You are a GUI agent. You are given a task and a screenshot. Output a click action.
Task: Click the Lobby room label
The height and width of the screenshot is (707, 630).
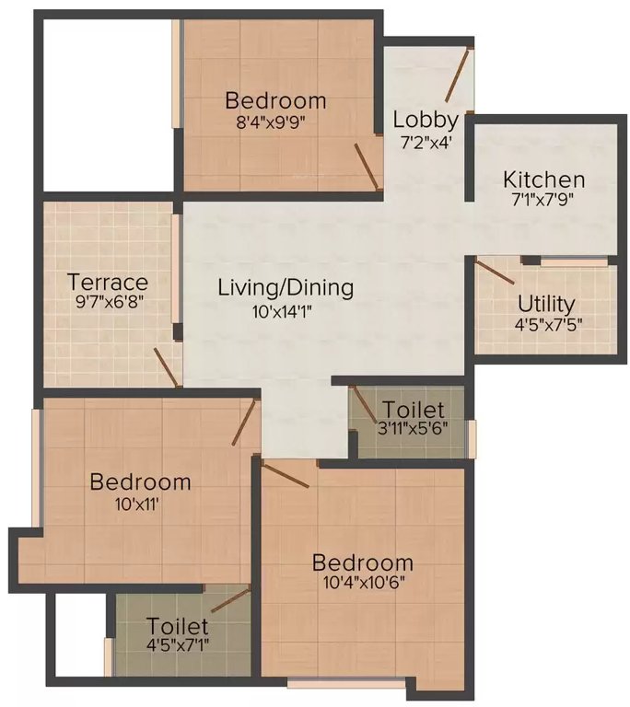click(426, 120)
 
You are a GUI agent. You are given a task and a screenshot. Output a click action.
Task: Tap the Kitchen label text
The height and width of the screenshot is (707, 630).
click(543, 179)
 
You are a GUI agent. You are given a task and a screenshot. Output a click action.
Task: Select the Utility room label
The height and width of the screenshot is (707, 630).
click(546, 303)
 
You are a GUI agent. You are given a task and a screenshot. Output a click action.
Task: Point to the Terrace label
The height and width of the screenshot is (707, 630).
click(108, 282)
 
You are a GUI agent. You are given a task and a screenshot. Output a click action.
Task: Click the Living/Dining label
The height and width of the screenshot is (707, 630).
click(286, 287)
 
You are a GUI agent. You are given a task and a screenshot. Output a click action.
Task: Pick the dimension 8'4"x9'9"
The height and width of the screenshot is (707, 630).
click(275, 120)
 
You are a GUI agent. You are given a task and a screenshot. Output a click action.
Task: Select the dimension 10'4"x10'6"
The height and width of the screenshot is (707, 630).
click(362, 583)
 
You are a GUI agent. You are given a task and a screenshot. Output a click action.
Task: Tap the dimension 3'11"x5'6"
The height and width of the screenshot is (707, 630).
click(413, 428)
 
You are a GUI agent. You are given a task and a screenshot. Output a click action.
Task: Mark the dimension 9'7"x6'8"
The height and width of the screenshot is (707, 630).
click(108, 302)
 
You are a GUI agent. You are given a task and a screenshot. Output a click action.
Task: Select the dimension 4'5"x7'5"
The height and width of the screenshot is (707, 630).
click(546, 323)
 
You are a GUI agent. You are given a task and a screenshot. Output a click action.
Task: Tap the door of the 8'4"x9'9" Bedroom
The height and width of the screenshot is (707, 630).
click(367, 167)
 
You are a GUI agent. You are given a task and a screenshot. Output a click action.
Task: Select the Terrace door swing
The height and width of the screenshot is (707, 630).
click(167, 367)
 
